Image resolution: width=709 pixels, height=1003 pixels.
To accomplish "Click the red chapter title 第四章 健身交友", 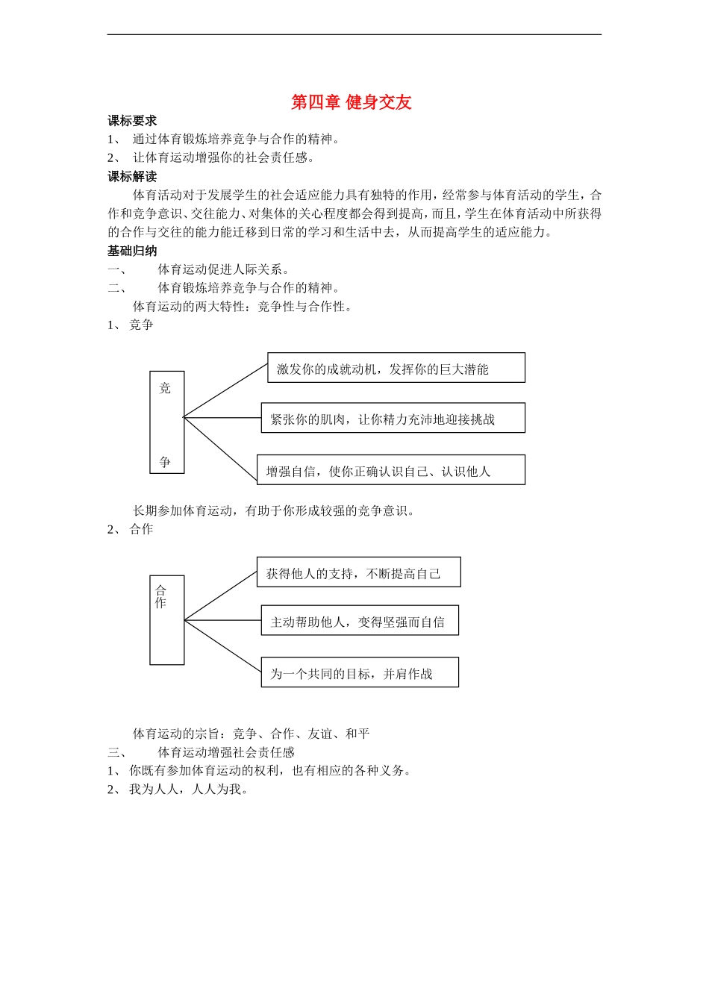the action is click(351, 102).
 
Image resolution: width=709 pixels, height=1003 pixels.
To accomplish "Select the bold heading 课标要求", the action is click(132, 121).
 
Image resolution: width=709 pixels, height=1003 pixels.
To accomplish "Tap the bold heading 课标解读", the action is click(132, 177).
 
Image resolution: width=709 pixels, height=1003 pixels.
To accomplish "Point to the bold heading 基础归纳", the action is click(132, 251).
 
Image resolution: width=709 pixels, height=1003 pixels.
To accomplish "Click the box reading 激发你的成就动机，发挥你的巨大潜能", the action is click(396, 368).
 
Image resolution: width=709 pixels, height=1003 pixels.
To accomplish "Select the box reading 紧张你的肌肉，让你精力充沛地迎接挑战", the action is click(393, 418).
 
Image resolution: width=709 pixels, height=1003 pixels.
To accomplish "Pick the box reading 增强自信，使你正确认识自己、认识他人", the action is click(390, 470).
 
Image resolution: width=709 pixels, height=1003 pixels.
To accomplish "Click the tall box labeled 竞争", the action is click(166, 422).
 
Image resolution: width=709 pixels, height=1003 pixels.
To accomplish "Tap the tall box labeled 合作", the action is click(166, 620).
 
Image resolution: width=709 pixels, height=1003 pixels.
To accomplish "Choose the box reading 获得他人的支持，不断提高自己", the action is click(358, 572).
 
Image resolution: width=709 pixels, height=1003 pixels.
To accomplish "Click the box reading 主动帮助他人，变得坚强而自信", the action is click(359, 621).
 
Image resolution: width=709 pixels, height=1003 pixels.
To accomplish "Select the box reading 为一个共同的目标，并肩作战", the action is click(359, 672).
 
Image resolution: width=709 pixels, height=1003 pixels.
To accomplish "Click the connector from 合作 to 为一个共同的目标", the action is click(222, 646).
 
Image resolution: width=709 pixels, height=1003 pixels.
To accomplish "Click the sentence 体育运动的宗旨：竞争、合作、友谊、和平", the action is click(251, 734).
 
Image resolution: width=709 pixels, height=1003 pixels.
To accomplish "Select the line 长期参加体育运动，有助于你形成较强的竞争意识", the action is click(274, 510).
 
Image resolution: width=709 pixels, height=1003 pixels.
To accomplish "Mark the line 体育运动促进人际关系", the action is click(223, 269).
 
